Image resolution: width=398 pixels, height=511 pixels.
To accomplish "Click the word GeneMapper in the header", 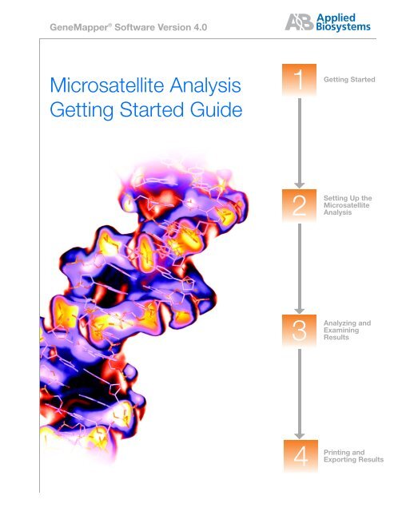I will pyautogui.click(x=78, y=31).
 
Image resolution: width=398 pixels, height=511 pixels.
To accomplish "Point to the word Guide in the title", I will pyautogui.click(x=211, y=109).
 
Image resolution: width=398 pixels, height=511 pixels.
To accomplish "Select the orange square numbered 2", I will pyautogui.click(x=298, y=207).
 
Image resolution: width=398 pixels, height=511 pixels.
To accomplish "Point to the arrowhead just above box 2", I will pyautogui.click(x=298, y=184).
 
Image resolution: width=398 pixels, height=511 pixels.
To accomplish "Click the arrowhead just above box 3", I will pyautogui.click(x=298, y=310).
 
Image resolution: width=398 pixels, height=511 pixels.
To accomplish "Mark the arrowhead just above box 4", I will pyautogui.click(x=298, y=435).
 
